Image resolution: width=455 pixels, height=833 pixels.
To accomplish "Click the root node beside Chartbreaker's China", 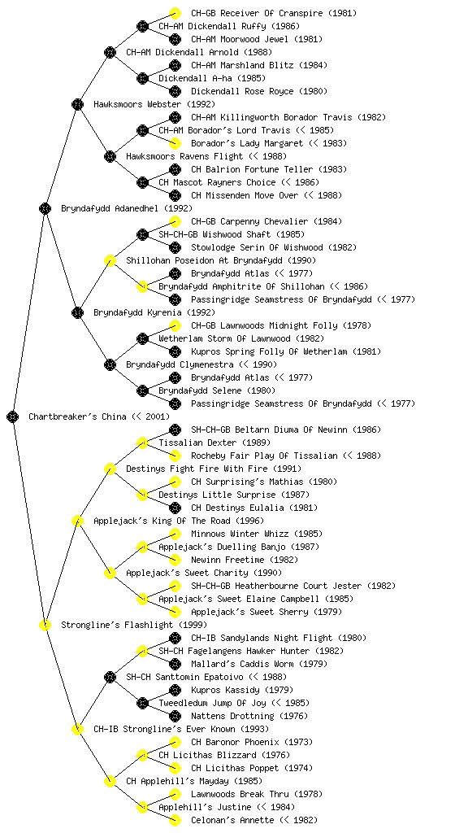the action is click(x=13, y=417).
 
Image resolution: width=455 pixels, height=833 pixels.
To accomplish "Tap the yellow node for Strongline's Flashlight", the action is click(x=45, y=626).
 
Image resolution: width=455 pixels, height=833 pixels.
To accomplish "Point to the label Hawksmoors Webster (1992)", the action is click(x=154, y=105).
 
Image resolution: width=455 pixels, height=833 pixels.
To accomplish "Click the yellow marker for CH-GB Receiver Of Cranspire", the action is click(x=175, y=13).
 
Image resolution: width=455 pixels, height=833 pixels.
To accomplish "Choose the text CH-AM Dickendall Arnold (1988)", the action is click(x=199, y=53).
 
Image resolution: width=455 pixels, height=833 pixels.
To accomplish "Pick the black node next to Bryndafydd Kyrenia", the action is click(x=77, y=313).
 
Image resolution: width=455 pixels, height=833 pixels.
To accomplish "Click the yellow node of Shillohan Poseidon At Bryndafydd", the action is click(x=110, y=261).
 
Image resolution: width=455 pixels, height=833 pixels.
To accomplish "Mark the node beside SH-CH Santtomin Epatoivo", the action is click(x=110, y=678).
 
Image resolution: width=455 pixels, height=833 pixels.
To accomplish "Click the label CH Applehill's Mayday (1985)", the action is click(x=194, y=782).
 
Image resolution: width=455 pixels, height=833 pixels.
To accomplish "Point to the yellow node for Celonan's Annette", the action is click(x=175, y=821).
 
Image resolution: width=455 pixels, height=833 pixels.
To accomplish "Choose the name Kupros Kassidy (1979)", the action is click(x=242, y=690).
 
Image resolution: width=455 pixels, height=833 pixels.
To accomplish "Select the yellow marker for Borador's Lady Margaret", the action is click(x=175, y=143).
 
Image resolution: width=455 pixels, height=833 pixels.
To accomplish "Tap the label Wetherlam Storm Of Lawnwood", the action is click(x=225, y=339).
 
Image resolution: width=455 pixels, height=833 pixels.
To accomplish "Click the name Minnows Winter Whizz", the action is click(x=240, y=534).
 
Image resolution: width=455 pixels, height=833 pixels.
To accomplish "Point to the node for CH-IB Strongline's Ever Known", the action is click(x=77, y=730).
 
